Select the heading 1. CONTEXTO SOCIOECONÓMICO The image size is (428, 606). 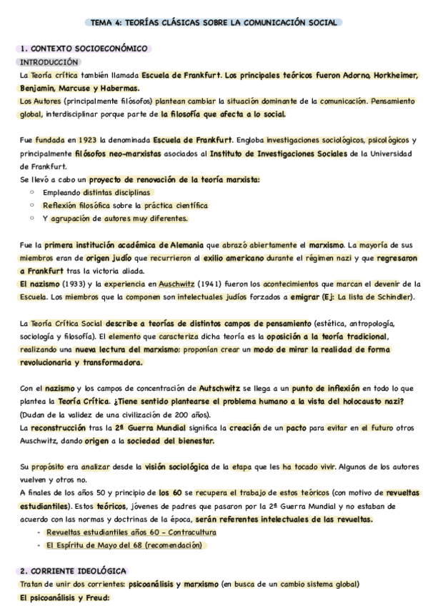coord(84,49)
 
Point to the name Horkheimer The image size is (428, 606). coord(390,75)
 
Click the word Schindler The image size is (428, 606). coord(390,297)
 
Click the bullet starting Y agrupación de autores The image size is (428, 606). coord(115,219)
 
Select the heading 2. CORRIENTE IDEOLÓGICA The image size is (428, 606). coord(74,571)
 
